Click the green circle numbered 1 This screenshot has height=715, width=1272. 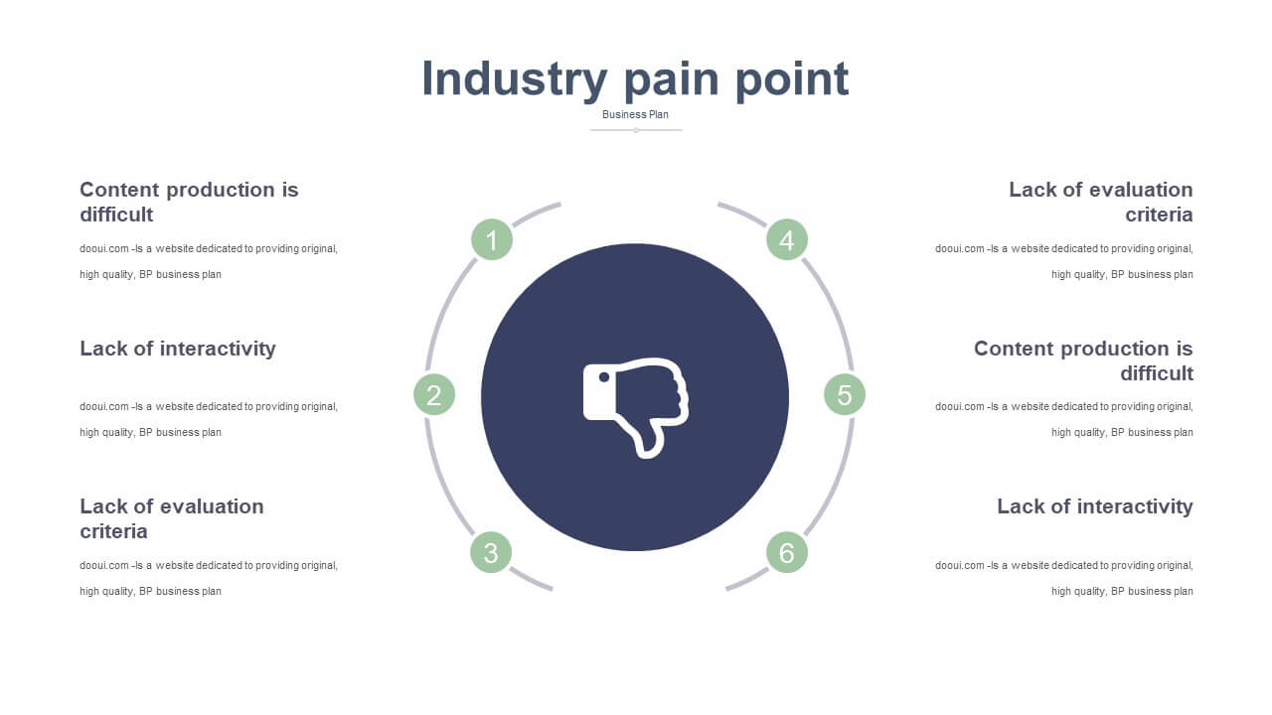pos(492,239)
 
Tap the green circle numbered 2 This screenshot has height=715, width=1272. pos(434,394)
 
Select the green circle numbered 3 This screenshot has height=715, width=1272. pos(491,552)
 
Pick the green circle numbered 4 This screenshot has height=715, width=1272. pos(786,239)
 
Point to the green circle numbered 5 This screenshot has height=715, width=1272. pos(845,394)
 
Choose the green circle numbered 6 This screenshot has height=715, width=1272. pos(786,552)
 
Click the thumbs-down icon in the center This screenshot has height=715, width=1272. pos(636,407)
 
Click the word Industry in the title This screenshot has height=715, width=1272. pos(515,79)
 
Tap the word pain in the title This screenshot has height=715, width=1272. pos(672,80)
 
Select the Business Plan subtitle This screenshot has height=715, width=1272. pos(635,114)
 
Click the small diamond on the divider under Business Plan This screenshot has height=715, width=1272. pos(636,130)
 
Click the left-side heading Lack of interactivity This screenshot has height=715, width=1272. pos(178,348)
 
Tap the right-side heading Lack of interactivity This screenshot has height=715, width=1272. pos(1095,505)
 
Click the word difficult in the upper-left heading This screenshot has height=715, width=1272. pos(116,214)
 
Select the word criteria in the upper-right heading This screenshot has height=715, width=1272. pos(1159,214)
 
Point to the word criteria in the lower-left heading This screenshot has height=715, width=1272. pos(113,530)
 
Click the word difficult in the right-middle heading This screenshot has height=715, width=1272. pos(1157,372)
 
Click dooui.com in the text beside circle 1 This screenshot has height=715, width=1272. pos(104,248)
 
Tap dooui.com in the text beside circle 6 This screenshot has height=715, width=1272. pos(960,565)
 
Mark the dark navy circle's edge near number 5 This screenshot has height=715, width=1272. pos(789,396)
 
